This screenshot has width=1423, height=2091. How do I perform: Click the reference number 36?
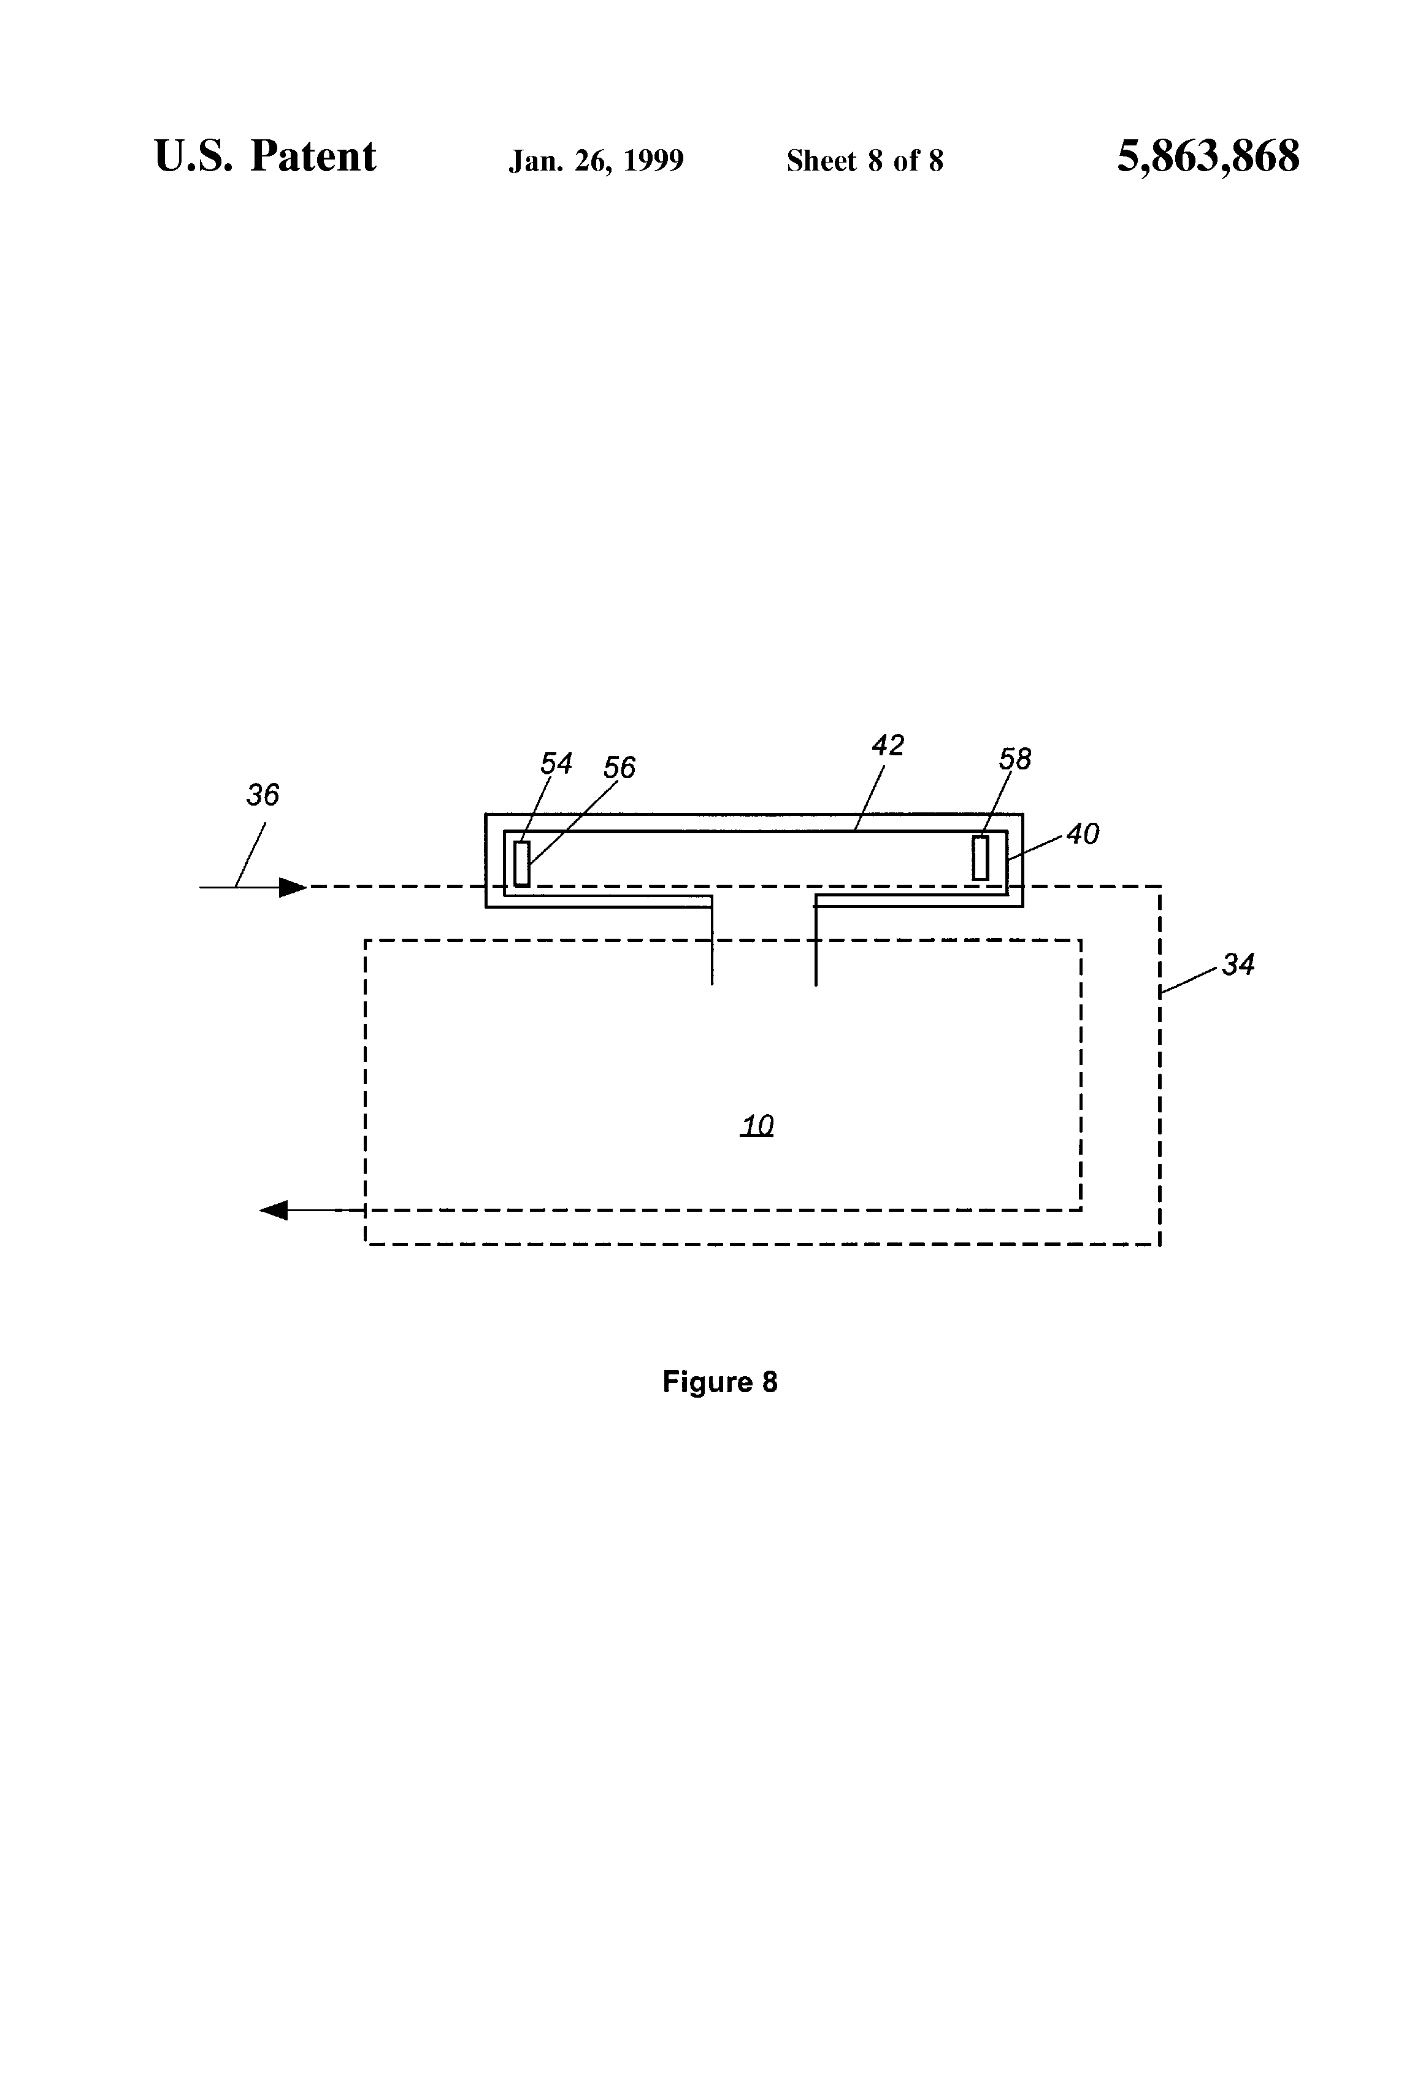point(263,795)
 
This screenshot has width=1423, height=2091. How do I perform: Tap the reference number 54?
point(556,764)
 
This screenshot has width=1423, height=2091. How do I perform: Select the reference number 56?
point(619,768)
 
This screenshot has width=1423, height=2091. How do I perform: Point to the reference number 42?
point(888,745)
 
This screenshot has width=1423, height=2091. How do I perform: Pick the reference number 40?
point(1083,834)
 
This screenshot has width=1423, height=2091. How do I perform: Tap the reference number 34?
point(1238,965)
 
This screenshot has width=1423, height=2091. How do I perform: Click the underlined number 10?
point(756,1126)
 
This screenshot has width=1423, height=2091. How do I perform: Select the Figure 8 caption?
point(719,1382)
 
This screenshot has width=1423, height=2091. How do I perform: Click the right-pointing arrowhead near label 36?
point(293,887)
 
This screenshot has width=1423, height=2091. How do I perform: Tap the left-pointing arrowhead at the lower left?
point(274,1210)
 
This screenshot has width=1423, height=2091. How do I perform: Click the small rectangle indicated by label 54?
point(522,864)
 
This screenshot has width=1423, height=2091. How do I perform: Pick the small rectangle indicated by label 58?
point(980,858)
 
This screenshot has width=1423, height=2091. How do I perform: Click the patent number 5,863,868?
point(1208,158)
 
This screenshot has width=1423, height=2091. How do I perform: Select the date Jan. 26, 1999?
point(596,161)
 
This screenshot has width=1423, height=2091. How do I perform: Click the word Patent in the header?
point(313,158)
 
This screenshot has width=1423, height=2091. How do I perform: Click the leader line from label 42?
point(870,797)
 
